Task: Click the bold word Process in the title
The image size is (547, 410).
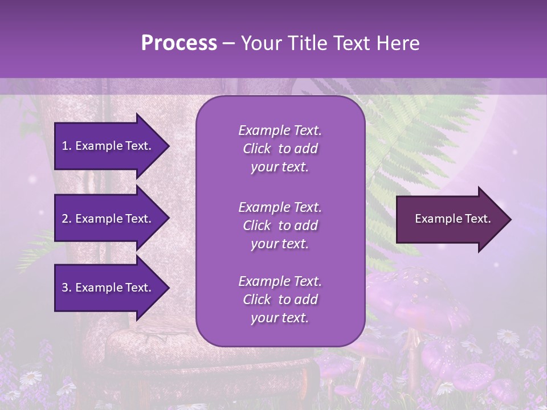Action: coord(179,43)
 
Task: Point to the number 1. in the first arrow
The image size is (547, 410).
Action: coord(66,146)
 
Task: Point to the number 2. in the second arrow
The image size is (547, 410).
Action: coord(66,219)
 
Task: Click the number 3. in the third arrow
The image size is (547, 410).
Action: coord(66,288)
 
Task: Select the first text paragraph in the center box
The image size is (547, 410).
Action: coord(280,149)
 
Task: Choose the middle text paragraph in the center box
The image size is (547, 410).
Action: coord(280,225)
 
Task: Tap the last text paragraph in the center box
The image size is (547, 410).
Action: coord(280,300)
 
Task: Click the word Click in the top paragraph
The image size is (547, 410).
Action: coord(257,149)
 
